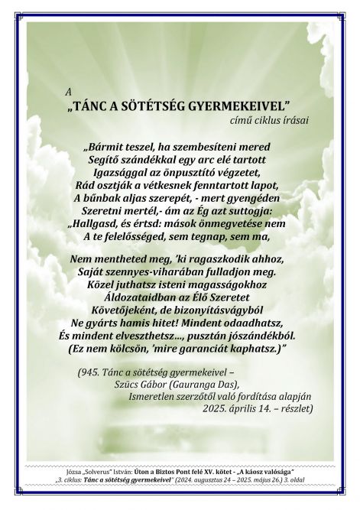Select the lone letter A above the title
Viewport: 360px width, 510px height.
tap(69, 90)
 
